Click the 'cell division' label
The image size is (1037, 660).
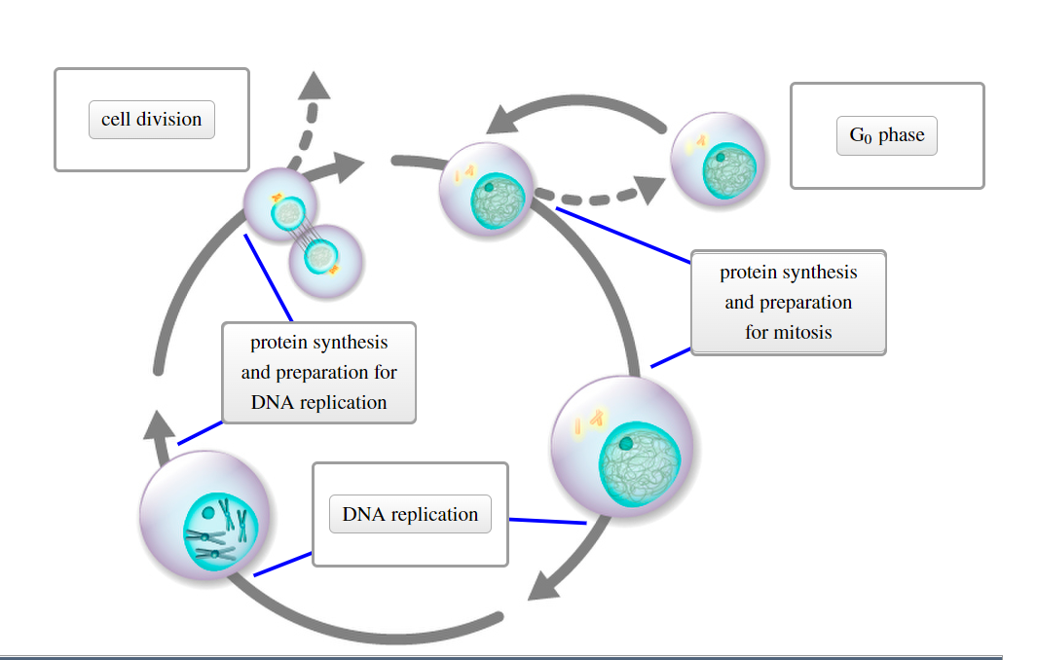152,120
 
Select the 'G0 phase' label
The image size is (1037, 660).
886,135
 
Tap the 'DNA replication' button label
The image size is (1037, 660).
410,514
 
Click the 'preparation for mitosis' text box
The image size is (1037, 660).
788,302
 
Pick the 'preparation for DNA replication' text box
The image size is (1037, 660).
318,372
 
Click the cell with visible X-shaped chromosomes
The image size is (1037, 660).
205,515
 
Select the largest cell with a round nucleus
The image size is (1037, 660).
622,447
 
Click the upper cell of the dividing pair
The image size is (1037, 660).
280,206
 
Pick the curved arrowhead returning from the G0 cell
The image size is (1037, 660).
507,121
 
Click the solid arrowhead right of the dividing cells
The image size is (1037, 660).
345,166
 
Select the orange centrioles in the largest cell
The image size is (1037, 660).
589,421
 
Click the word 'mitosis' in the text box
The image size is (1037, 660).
801,332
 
